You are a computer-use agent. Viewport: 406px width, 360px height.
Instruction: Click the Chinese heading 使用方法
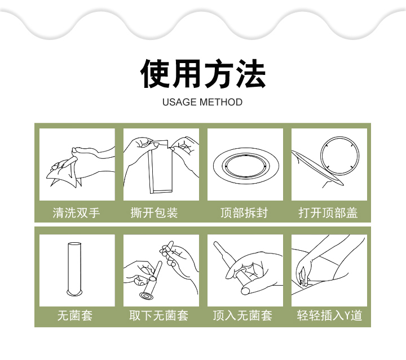[203, 74]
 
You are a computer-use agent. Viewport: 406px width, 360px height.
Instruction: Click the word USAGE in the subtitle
[179, 102]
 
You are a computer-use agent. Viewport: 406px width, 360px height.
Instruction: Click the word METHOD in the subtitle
[221, 102]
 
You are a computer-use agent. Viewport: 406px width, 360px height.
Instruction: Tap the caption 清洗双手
[76, 213]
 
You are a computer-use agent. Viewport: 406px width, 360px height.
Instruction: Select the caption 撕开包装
[154, 213]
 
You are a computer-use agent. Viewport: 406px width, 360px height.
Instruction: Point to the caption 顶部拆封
[244, 213]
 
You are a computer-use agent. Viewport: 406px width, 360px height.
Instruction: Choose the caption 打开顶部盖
[328, 213]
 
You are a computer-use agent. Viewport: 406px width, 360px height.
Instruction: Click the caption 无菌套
[75, 315]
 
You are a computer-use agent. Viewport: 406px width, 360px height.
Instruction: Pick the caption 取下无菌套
[158, 315]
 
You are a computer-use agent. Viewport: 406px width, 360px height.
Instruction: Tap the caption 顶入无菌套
[242, 315]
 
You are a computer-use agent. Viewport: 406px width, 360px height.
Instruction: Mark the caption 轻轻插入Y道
[329, 315]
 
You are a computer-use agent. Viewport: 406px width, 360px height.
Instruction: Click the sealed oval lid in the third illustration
[246, 166]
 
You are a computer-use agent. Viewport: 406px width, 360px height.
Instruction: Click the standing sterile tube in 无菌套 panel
[74, 269]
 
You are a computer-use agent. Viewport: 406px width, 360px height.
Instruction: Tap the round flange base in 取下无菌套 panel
[146, 296]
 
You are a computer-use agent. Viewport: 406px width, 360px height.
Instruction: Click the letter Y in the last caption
[347, 316]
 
